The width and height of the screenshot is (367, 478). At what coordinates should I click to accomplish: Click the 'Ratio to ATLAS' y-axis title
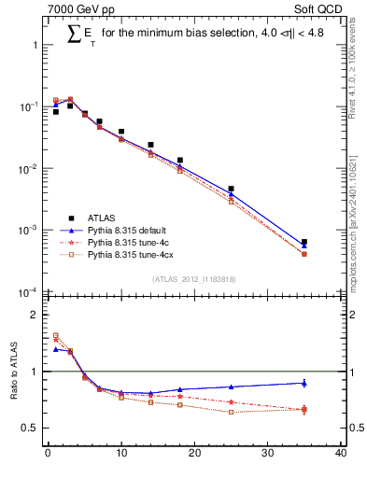(12, 372)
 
